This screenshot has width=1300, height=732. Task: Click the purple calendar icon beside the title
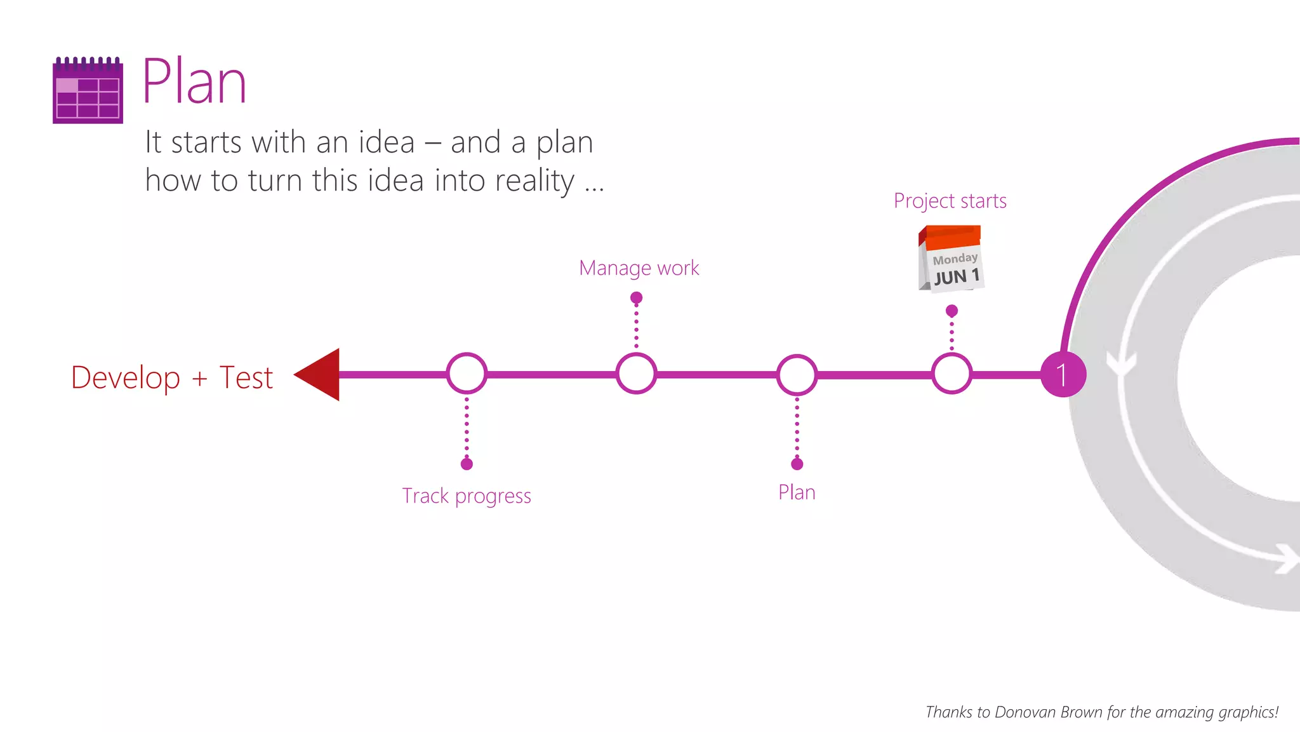(x=88, y=90)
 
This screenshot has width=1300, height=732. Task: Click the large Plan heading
(x=194, y=82)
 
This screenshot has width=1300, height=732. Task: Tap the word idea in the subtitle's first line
(x=387, y=142)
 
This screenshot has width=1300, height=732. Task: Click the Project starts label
(x=950, y=201)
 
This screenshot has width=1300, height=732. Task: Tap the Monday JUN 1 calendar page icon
(x=951, y=259)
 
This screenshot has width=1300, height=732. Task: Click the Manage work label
(x=639, y=268)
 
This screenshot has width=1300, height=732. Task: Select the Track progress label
(x=467, y=496)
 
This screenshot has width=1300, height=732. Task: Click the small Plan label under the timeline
(x=797, y=492)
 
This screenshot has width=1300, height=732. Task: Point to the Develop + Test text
(x=171, y=377)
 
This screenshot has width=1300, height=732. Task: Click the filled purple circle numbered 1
(x=1063, y=374)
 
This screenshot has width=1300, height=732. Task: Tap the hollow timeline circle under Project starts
(x=952, y=374)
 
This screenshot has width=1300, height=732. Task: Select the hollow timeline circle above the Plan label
(x=797, y=374)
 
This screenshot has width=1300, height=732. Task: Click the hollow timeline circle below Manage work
(x=636, y=374)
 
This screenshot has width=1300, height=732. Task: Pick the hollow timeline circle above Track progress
(x=467, y=374)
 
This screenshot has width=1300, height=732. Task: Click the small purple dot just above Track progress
(x=467, y=464)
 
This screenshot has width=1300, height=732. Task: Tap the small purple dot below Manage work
(x=636, y=297)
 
